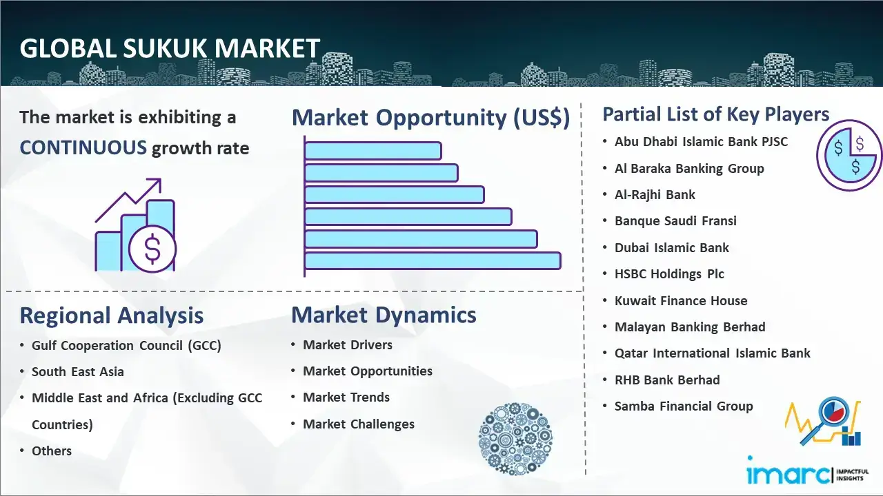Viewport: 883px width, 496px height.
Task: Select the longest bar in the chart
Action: tap(433, 261)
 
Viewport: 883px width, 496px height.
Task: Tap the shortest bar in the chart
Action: tap(373, 151)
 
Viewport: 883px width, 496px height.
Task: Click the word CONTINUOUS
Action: tap(83, 148)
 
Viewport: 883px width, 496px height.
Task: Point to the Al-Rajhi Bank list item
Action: tap(655, 195)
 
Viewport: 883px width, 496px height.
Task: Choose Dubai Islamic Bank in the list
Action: tap(672, 247)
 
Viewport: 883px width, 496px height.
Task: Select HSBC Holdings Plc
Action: tap(669, 274)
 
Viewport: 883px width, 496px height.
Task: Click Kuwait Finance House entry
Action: tap(681, 301)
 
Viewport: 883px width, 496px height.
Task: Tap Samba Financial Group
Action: tap(684, 406)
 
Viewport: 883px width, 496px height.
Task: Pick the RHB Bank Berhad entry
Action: tap(667, 380)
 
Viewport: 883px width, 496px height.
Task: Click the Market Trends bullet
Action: tap(346, 397)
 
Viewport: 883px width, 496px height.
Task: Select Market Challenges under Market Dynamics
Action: tap(358, 424)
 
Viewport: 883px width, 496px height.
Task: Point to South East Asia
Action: tap(78, 371)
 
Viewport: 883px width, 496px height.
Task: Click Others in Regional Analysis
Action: tap(52, 451)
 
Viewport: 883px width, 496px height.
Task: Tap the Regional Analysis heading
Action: tap(112, 316)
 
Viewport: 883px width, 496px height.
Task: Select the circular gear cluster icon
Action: tap(515, 439)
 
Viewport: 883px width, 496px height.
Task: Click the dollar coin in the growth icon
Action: tap(152, 249)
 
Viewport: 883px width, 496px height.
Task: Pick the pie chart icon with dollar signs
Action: tap(849, 155)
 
